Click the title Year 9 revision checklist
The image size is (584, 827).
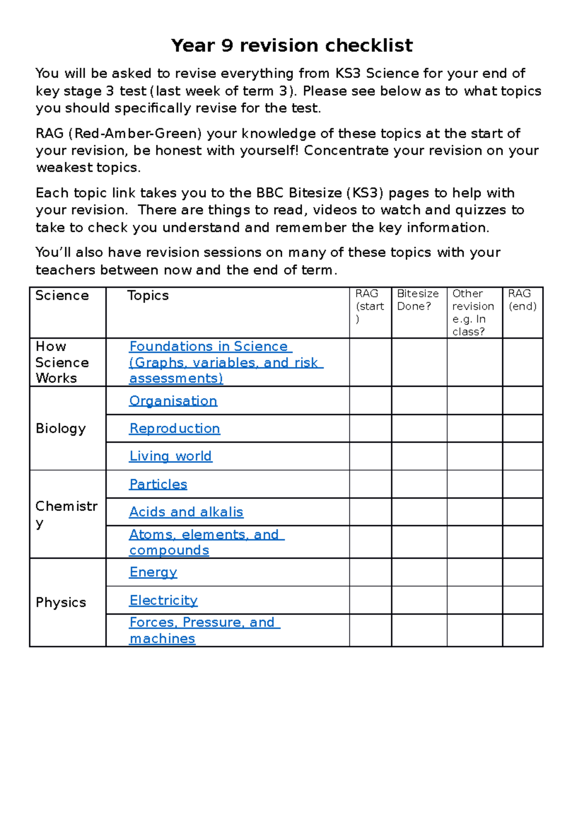[292, 45]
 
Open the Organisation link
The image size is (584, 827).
[173, 401]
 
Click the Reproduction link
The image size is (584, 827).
[174, 429]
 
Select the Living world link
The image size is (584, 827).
[170, 456]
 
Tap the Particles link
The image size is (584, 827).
[158, 484]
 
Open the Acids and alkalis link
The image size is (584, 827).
[186, 512]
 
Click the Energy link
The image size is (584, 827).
[153, 572]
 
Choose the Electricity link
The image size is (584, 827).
[163, 601]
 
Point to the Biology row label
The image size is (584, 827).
[60, 429]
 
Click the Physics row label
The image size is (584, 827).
[60, 602]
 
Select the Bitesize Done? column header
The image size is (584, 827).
[418, 300]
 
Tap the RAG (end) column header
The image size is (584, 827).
[522, 300]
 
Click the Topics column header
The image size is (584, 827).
[147, 296]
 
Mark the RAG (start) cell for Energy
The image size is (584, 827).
[370, 572]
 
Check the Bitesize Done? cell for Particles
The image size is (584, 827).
[419, 484]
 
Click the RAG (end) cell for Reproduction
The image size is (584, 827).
[522, 429]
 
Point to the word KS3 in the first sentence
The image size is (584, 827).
[347, 74]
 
